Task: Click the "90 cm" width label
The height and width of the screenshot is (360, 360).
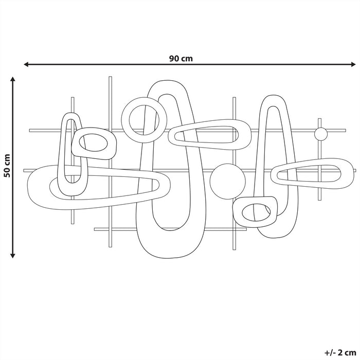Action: coord(181,59)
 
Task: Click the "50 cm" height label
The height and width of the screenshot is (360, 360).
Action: coord(7,166)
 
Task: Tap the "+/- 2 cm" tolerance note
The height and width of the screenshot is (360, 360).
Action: coord(340,352)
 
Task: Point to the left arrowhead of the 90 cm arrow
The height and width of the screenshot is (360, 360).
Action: coord(26,64)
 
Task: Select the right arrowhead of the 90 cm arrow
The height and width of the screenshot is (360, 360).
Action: coord(353,64)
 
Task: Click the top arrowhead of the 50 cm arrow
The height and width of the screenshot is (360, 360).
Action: coord(13,79)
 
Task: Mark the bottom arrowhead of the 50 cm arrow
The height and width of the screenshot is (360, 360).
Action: coord(13,255)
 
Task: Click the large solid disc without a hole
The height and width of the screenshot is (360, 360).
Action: coord(227,182)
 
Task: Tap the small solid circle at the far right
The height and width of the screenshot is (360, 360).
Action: coord(321,134)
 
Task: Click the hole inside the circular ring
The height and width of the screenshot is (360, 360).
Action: coord(144,120)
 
